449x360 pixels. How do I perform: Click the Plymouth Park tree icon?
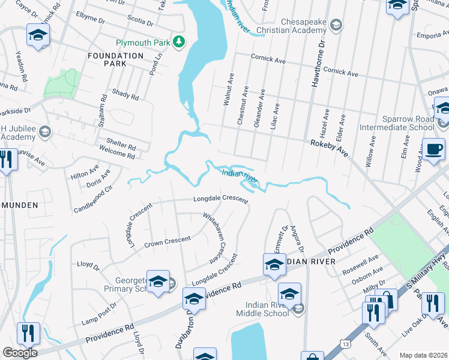tap(178, 41)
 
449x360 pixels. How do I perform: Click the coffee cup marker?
tap(433, 150)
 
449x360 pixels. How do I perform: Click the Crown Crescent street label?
tap(167, 241)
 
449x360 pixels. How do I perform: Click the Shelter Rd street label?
tap(121, 146)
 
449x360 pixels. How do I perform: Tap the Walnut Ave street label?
tap(228, 91)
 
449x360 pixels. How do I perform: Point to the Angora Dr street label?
tap(296, 238)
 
